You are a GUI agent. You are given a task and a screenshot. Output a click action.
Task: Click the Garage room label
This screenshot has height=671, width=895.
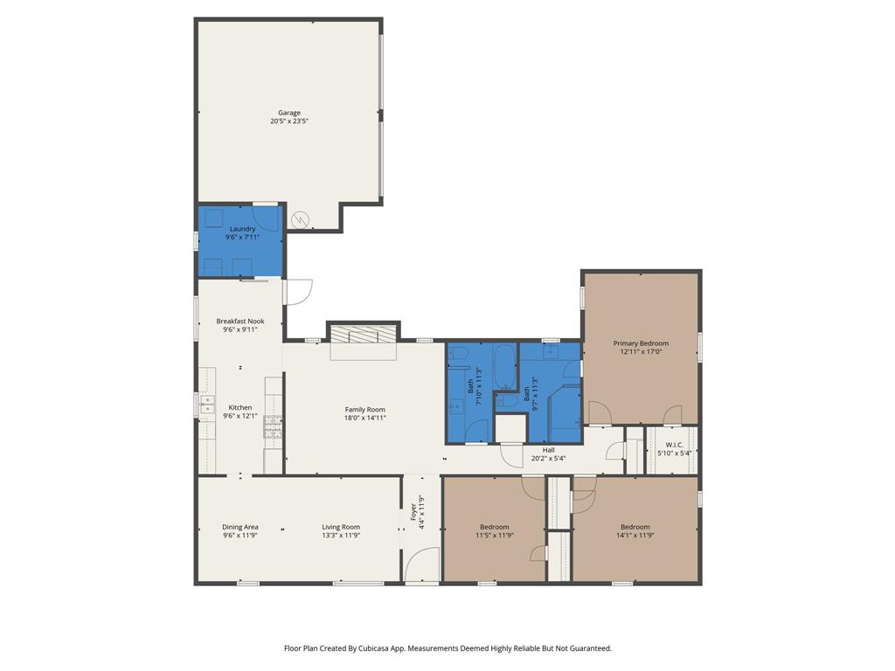289,113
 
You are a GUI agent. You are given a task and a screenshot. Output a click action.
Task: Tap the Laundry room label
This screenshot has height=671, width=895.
242,229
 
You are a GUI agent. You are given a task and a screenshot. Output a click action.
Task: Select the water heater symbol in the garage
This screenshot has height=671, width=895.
301,219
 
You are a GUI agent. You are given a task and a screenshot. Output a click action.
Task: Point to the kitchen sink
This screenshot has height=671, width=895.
207,403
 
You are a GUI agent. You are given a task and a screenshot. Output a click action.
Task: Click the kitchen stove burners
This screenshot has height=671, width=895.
274,428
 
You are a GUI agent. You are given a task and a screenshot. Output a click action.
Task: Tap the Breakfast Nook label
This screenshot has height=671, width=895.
240,322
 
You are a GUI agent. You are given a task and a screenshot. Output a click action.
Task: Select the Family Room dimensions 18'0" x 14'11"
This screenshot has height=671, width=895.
364,419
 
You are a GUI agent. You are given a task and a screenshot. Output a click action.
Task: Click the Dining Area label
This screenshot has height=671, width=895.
239,527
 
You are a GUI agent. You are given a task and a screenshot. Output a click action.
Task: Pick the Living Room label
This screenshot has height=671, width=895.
341,527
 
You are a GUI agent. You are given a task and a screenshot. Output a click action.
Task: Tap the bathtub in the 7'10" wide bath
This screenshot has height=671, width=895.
505,368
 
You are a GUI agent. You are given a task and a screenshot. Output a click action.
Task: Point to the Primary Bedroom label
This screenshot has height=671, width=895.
641,343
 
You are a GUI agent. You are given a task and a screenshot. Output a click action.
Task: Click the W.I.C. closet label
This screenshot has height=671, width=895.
674,445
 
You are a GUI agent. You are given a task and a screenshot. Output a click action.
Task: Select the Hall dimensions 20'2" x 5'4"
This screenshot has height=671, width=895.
549,459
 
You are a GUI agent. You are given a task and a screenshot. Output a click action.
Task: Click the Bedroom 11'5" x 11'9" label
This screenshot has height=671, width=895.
494,527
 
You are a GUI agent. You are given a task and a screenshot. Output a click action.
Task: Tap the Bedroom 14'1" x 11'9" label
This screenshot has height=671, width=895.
635,527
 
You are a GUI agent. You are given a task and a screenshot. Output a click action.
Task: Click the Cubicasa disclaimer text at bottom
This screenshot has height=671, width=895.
447,648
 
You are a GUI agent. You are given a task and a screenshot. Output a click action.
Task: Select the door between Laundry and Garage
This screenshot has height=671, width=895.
266,218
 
